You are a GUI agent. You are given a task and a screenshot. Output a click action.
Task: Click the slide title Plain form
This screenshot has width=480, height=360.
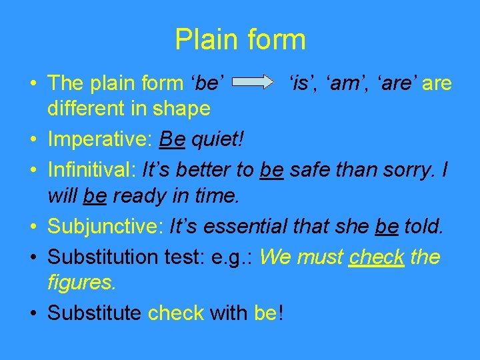[240, 40]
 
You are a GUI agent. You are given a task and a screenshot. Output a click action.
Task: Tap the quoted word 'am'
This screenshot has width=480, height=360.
[341, 83]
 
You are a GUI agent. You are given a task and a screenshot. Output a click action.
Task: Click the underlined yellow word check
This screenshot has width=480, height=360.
[377, 257]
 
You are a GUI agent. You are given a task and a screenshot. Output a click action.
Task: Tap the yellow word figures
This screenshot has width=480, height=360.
[82, 282]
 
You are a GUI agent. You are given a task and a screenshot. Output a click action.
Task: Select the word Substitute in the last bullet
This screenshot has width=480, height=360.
[94, 312]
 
